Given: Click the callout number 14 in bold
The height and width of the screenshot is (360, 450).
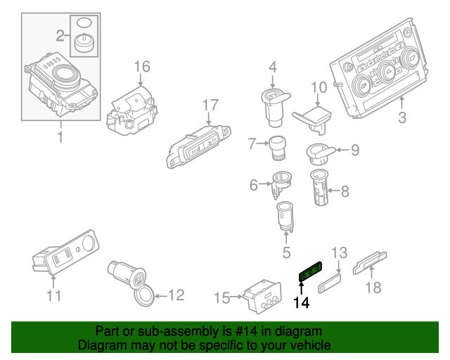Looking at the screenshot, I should pos(301,303).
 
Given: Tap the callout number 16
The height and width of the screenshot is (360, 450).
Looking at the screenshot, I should pos(142,67).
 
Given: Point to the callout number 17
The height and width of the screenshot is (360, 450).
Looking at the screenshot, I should pos(211,105).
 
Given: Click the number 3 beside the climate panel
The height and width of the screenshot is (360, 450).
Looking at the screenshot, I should pos(401,118).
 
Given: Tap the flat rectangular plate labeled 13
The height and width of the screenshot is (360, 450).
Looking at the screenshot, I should pos(330,285).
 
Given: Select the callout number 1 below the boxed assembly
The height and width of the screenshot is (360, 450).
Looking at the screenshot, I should pos(60,137).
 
